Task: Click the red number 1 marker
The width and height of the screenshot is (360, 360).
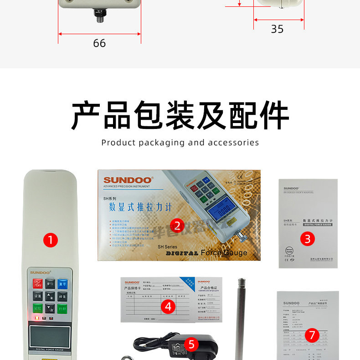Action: click(x=50, y=240)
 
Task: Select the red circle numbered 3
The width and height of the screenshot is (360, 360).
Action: click(x=308, y=238)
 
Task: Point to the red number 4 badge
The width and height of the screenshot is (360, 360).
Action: click(x=168, y=307)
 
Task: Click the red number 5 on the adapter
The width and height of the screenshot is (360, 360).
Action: click(x=191, y=344)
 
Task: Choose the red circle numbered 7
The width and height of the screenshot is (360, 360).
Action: click(x=312, y=335)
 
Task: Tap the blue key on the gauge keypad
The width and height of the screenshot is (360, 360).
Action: click(x=63, y=283)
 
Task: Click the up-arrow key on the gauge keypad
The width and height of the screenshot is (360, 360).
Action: click(x=50, y=296)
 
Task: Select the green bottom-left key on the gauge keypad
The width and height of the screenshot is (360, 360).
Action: click(x=37, y=309)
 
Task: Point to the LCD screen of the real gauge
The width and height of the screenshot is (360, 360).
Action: click(x=50, y=337)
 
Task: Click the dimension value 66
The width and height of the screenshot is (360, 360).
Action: click(x=99, y=43)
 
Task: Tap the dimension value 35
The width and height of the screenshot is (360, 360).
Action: click(x=277, y=29)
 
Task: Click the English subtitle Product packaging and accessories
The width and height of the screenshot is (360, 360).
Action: click(x=180, y=143)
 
